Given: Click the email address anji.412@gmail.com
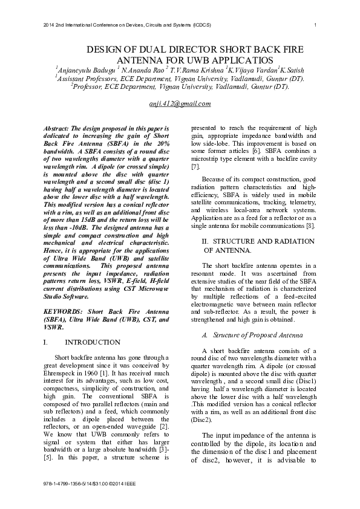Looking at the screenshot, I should click(x=180, y=103).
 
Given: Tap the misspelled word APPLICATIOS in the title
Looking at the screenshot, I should click(x=242, y=60).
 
